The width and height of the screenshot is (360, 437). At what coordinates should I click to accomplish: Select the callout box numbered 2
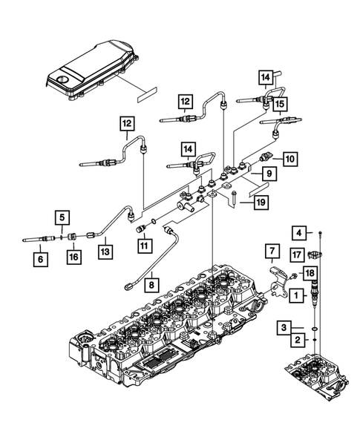[x=296, y=340]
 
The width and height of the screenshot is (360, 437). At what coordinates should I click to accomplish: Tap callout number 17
[x=296, y=254]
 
